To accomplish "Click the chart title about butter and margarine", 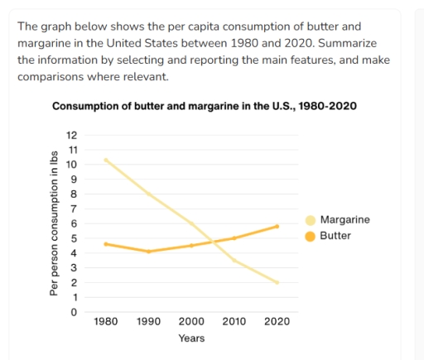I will pyautogui.click(x=205, y=107).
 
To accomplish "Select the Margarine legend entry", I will pyautogui.click(x=344, y=220).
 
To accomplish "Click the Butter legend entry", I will pyautogui.click(x=335, y=236).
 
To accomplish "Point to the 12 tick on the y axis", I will pyautogui.click(x=71, y=135).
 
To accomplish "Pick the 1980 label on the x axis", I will pyautogui.click(x=106, y=321).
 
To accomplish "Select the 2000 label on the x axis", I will pyautogui.click(x=191, y=321).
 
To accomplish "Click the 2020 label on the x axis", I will pyautogui.click(x=277, y=321).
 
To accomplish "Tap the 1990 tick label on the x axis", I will pyautogui.click(x=148, y=321).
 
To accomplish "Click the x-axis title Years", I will pyautogui.click(x=191, y=338).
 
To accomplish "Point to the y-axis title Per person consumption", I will pyautogui.click(x=55, y=223).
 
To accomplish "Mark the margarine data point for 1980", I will pyautogui.click(x=106, y=160).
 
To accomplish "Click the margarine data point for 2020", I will pyautogui.click(x=277, y=282).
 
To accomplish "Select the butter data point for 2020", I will pyautogui.click(x=277, y=226).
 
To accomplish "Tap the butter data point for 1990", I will pyautogui.click(x=148, y=252).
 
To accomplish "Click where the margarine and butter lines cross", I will pyautogui.click(x=214, y=242).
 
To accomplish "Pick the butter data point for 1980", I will pyautogui.click(x=106, y=244).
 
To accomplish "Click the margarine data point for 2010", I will pyautogui.click(x=234, y=261).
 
